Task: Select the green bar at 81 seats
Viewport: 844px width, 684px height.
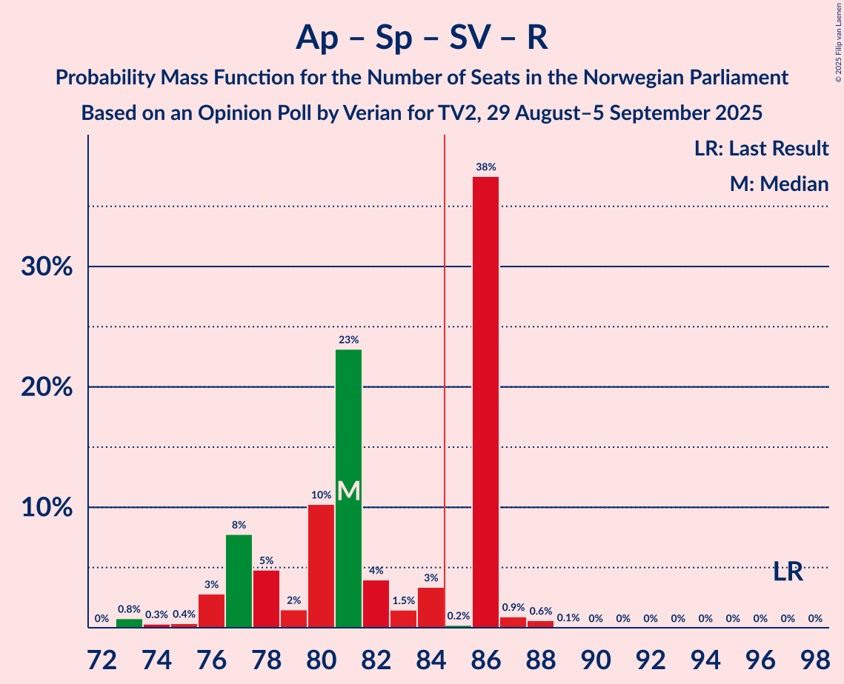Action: click(x=348, y=489)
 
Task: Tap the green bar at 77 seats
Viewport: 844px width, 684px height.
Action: click(x=239, y=581)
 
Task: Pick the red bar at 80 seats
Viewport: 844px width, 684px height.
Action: click(x=321, y=566)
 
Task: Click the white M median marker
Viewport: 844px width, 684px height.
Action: click(x=348, y=491)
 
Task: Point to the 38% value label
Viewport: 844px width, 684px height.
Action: click(x=485, y=167)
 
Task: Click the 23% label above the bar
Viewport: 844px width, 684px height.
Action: click(x=348, y=340)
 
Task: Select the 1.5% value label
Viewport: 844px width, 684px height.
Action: click(x=403, y=600)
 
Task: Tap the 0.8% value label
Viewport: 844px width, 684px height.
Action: click(x=129, y=609)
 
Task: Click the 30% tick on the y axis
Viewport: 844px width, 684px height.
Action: click(x=47, y=266)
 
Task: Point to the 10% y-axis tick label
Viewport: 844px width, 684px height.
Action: click(x=47, y=508)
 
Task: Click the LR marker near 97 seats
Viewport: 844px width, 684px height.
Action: click(x=788, y=571)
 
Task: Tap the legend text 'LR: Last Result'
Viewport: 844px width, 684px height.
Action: click(x=761, y=149)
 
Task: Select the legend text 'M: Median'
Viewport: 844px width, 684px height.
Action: click(x=779, y=184)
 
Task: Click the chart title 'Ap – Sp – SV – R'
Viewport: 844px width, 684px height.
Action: click(x=422, y=37)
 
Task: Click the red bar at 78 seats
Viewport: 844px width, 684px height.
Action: click(x=266, y=599)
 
